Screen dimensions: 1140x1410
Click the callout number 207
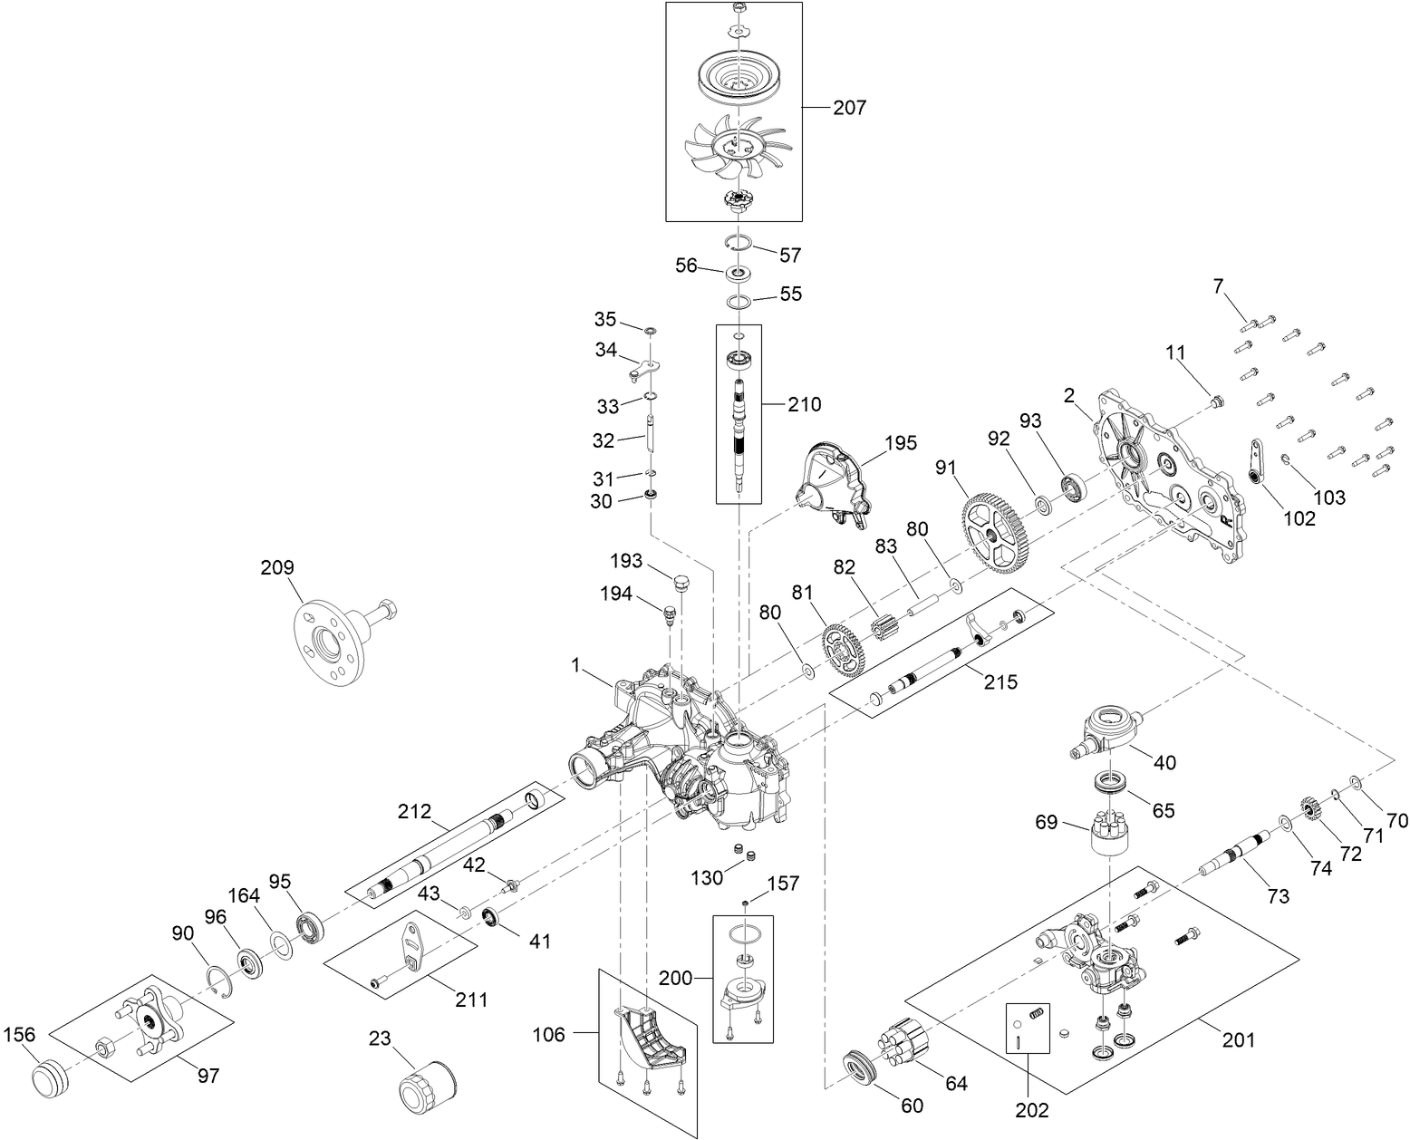[x=849, y=108]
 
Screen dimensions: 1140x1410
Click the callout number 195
[x=900, y=443]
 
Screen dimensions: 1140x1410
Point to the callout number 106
[x=549, y=1034]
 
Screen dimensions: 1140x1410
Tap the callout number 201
[x=1238, y=1039]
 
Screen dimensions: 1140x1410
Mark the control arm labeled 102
[x=1256, y=462]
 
